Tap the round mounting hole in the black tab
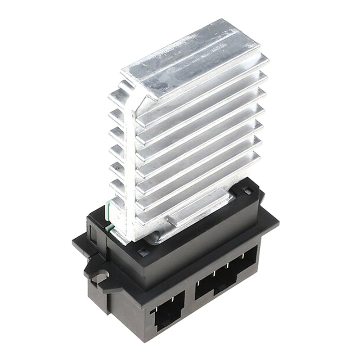click(100, 275)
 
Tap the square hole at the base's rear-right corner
click(247, 192)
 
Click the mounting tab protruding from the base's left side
click(97, 270)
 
